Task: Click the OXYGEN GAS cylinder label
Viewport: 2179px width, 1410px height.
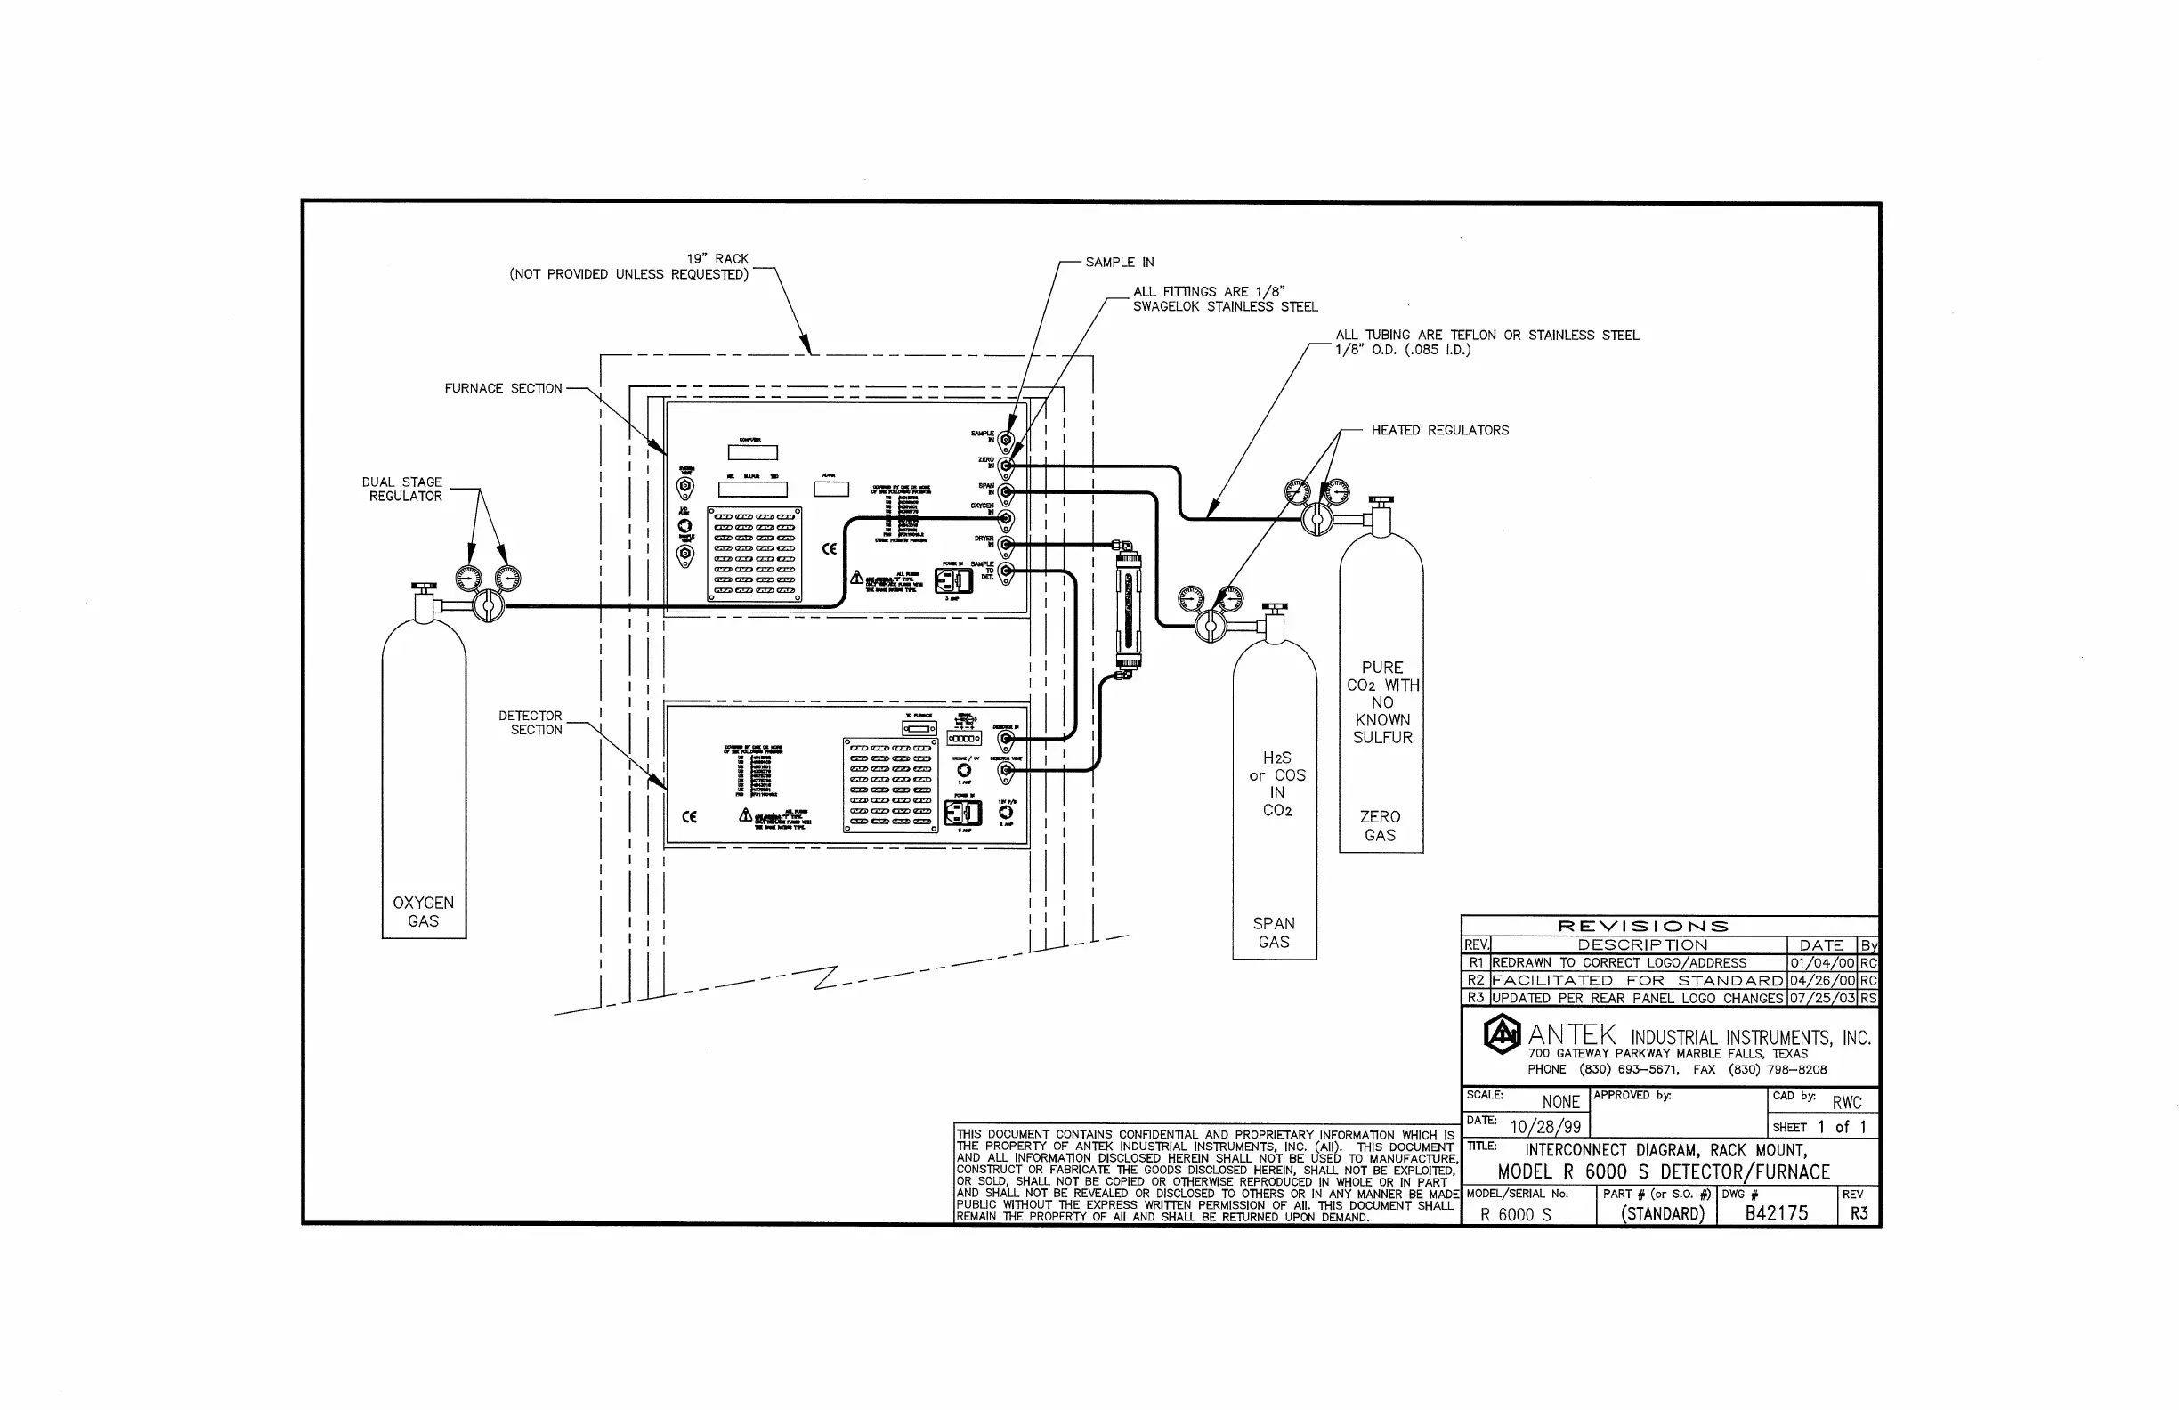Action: pyautogui.click(x=423, y=912)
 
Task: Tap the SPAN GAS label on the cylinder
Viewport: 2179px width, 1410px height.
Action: pyautogui.click(x=1274, y=932)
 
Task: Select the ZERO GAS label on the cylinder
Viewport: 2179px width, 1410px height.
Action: pyautogui.click(x=1380, y=825)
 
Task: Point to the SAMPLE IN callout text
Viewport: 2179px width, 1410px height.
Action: pyautogui.click(x=1119, y=262)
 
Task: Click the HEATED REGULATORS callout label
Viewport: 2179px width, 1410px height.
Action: pyautogui.click(x=1439, y=430)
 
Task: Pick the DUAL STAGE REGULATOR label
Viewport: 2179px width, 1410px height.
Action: pyautogui.click(x=403, y=489)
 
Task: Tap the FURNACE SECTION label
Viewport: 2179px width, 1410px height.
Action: pyautogui.click(x=503, y=388)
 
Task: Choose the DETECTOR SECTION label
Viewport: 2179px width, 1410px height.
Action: pyautogui.click(x=531, y=723)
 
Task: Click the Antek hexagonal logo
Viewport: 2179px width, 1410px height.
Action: pyautogui.click(x=1502, y=1034)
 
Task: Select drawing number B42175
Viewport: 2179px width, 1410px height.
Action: pyautogui.click(x=1775, y=1213)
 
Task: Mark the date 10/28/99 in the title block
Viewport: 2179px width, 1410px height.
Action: pyautogui.click(x=1545, y=1126)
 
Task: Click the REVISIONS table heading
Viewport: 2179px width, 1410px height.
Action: pyautogui.click(x=1643, y=926)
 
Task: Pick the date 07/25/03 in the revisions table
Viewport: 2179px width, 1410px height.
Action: pyautogui.click(x=1822, y=998)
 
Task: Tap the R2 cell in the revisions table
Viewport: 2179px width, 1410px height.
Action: pyautogui.click(x=1475, y=980)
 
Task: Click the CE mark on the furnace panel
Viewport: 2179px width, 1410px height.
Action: pyautogui.click(x=829, y=548)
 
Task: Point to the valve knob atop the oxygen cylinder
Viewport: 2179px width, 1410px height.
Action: pyautogui.click(x=423, y=586)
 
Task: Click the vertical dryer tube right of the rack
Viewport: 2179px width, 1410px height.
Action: pyautogui.click(x=1127, y=609)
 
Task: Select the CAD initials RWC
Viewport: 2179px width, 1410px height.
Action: pyautogui.click(x=1847, y=1102)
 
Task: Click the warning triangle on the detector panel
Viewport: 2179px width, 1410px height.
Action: pyautogui.click(x=745, y=814)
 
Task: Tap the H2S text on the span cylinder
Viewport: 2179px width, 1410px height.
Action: pyautogui.click(x=1276, y=758)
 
